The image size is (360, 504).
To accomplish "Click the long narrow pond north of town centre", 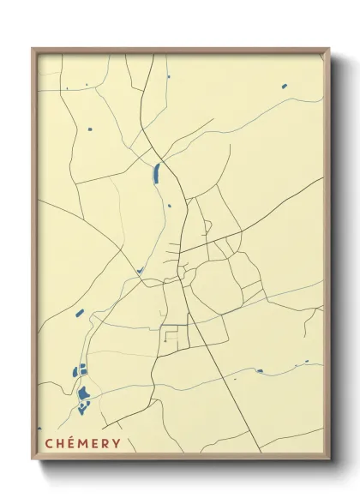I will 156,173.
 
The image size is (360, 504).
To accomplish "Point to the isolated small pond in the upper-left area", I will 90,129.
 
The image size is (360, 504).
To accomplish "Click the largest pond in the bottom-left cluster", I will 84,394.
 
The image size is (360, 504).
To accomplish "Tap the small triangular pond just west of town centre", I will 139,271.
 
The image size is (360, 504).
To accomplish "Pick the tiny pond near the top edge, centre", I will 168,76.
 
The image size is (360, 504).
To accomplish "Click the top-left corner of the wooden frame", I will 33,49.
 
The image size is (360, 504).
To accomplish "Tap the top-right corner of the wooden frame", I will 329,49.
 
